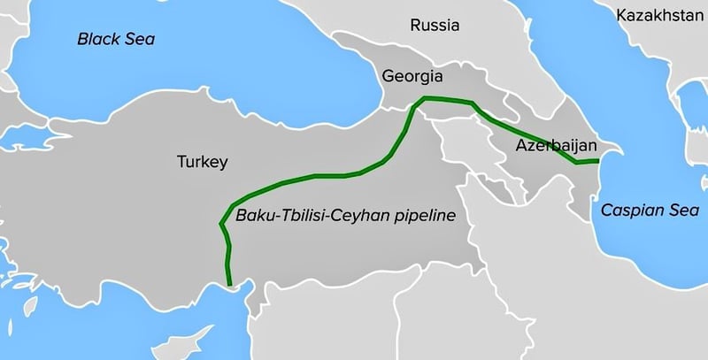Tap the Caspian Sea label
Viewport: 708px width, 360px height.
point(640,210)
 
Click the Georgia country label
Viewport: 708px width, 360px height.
point(412,76)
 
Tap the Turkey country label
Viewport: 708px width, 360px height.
point(203,162)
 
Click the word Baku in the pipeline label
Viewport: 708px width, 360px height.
point(255,215)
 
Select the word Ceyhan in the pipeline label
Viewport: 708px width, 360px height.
point(358,215)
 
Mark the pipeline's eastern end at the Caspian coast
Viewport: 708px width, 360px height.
point(599,161)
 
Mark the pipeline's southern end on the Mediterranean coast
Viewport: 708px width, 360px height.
point(230,284)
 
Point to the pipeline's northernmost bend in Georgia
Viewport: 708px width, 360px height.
point(426,96)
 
